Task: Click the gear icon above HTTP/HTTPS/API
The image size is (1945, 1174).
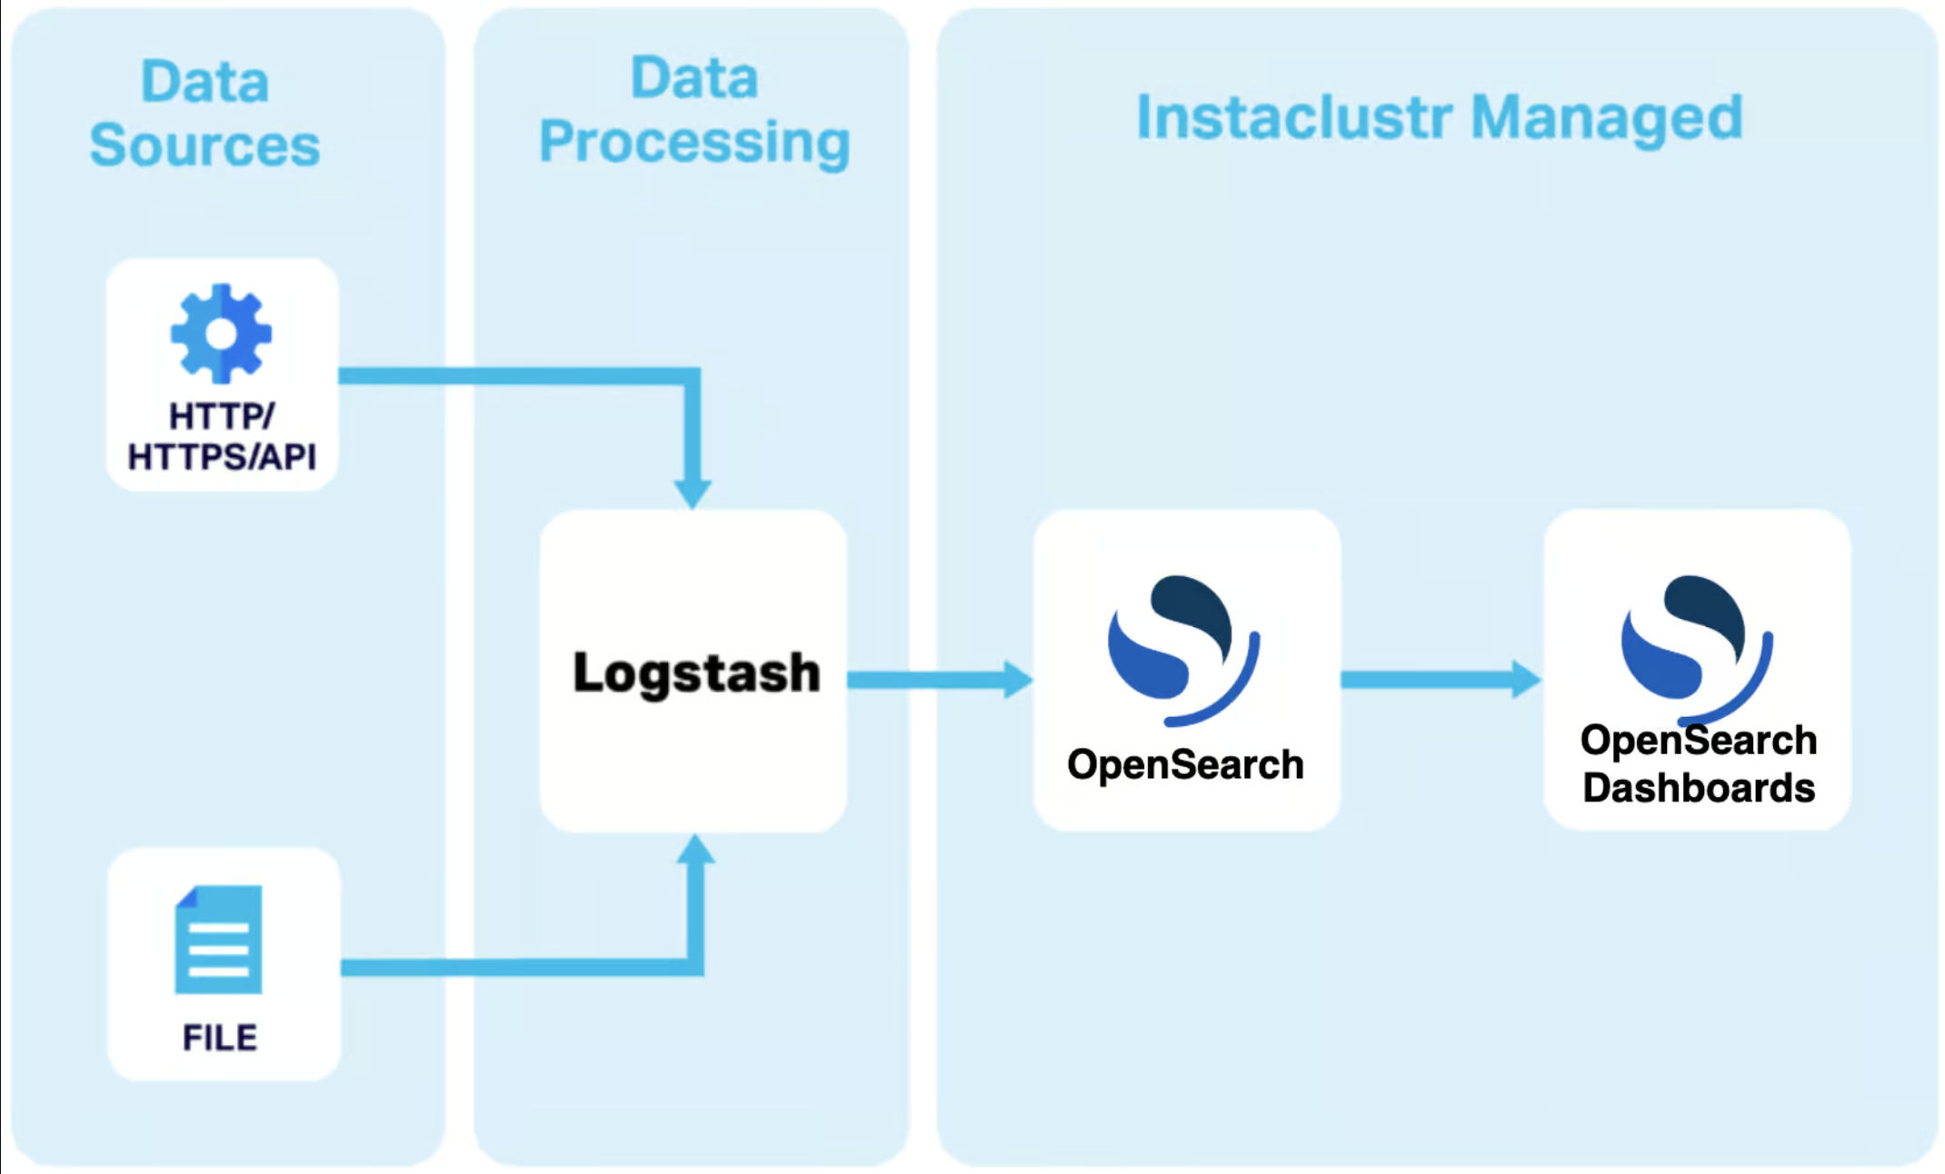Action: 221,333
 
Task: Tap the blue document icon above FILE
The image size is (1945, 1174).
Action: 218,940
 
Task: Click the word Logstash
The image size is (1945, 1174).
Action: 696,673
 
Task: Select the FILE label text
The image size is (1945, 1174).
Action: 220,1037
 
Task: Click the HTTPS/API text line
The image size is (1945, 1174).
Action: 222,456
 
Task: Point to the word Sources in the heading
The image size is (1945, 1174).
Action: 205,144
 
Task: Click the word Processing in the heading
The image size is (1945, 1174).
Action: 695,143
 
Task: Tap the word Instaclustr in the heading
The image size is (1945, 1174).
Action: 1294,117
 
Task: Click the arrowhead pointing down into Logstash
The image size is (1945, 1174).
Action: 693,493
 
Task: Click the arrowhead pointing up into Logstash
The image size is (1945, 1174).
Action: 695,849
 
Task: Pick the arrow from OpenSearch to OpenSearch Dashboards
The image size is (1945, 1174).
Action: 1441,680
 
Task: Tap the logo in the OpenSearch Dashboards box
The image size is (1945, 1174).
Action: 1697,649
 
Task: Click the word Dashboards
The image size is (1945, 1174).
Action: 1699,788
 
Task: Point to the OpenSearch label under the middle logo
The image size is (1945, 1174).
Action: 1185,764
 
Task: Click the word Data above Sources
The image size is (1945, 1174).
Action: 205,81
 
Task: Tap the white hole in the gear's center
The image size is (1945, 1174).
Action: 221,333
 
